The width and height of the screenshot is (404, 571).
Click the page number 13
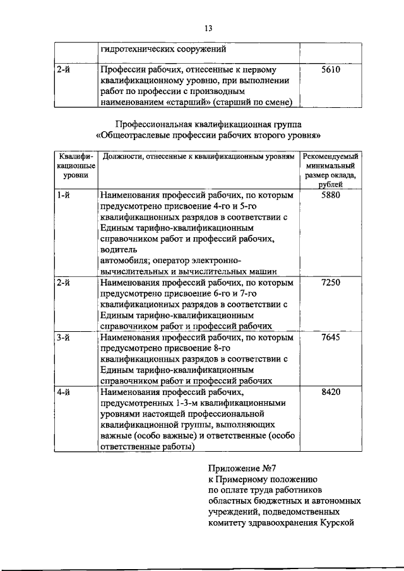click(210, 27)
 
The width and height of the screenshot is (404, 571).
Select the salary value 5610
click(330, 70)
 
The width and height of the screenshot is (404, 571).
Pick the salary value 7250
click(330, 282)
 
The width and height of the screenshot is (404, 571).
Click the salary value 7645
click(330, 337)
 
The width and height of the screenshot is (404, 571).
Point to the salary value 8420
click(330, 392)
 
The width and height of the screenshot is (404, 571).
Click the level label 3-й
click(62, 337)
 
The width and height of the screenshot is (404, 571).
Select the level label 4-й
click(62, 392)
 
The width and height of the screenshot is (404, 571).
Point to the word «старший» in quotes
click(187, 102)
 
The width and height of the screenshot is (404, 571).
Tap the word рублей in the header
click(331, 184)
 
